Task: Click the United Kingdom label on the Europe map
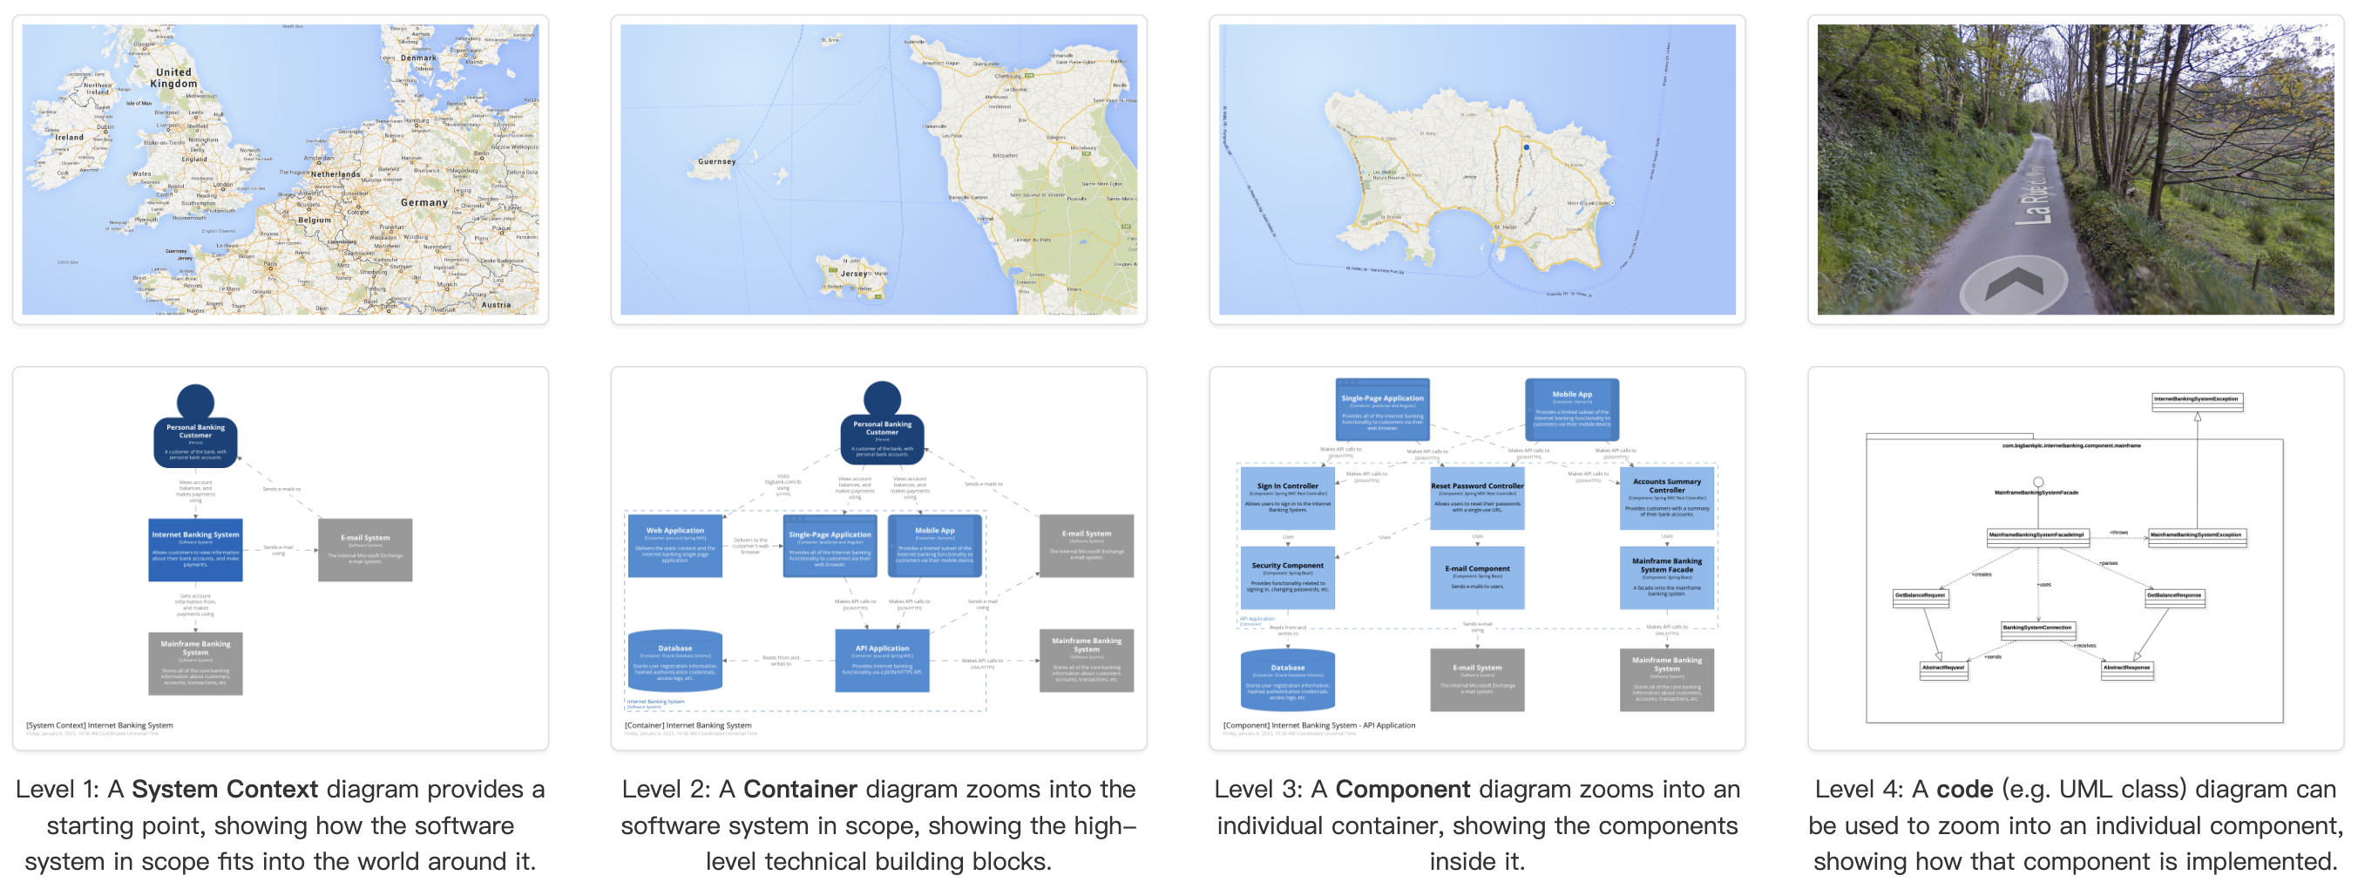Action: (x=174, y=78)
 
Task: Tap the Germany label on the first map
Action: (x=423, y=202)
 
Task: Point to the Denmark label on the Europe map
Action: (x=418, y=58)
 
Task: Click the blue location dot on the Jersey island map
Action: (x=1526, y=146)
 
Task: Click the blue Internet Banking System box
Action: (x=195, y=549)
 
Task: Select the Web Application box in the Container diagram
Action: (x=674, y=546)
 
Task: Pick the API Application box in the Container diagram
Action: (x=882, y=660)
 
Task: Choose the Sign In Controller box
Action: (x=1287, y=498)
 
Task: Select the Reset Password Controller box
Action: (x=1476, y=498)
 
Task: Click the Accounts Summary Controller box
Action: (x=1666, y=498)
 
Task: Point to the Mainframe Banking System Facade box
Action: (x=1666, y=577)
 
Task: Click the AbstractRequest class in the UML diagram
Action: (x=1942, y=669)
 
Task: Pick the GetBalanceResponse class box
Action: (x=2174, y=596)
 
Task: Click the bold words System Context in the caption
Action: (x=224, y=789)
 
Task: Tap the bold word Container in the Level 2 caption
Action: (x=799, y=789)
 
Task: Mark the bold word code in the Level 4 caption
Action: (x=1964, y=789)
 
